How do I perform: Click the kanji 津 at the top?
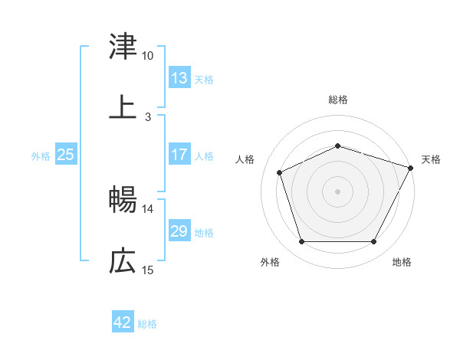pyautogui.click(x=123, y=47)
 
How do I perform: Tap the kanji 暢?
pyautogui.click(x=123, y=201)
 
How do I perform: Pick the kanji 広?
pyautogui.click(x=123, y=262)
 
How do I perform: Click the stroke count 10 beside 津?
pyautogui.click(x=148, y=56)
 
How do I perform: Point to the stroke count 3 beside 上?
pyautogui.click(x=148, y=117)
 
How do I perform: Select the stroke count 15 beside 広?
pyautogui.click(x=148, y=270)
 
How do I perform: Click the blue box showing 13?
pyautogui.click(x=179, y=78)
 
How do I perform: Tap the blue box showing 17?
pyautogui.click(x=179, y=155)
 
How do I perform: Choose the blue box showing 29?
pyautogui.click(x=179, y=231)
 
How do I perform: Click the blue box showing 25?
pyautogui.click(x=66, y=155)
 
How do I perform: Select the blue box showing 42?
pyautogui.click(x=123, y=322)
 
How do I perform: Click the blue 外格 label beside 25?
pyautogui.click(x=41, y=155)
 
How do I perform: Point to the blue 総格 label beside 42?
pyautogui.click(x=147, y=323)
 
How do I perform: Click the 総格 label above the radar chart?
pyautogui.click(x=338, y=100)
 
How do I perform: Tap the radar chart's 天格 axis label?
pyautogui.click(x=432, y=159)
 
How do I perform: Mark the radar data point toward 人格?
pyautogui.click(x=279, y=172)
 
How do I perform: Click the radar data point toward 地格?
pyautogui.click(x=374, y=241)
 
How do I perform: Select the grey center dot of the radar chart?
pyautogui.click(x=338, y=191)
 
